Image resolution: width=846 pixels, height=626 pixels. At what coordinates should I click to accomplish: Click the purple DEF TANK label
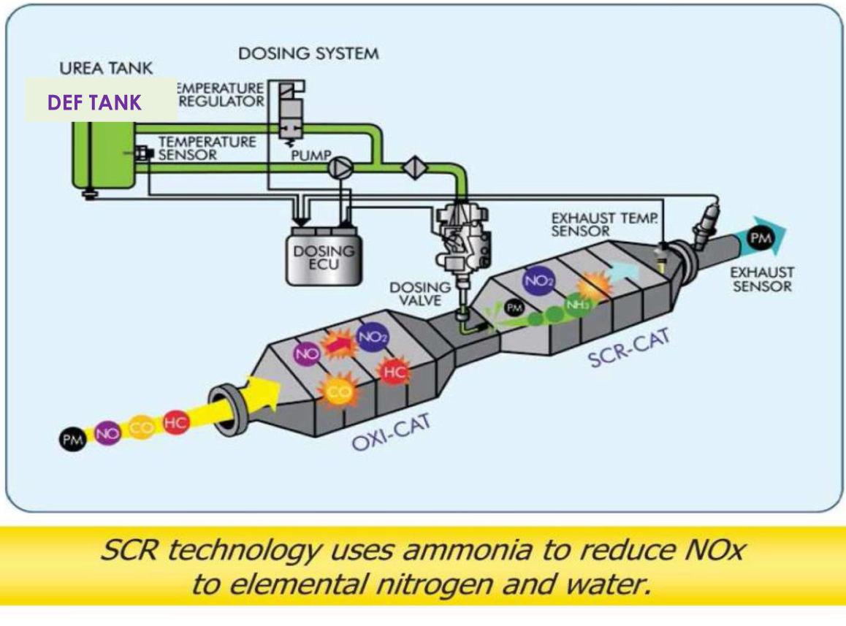(94, 103)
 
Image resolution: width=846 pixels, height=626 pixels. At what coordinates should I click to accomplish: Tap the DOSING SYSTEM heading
(308, 53)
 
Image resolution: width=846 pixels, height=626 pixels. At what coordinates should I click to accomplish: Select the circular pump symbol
(339, 167)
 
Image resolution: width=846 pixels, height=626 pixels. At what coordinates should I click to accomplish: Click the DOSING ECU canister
(324, 256)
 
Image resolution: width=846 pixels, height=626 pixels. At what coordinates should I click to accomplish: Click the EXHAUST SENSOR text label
(763, 279)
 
